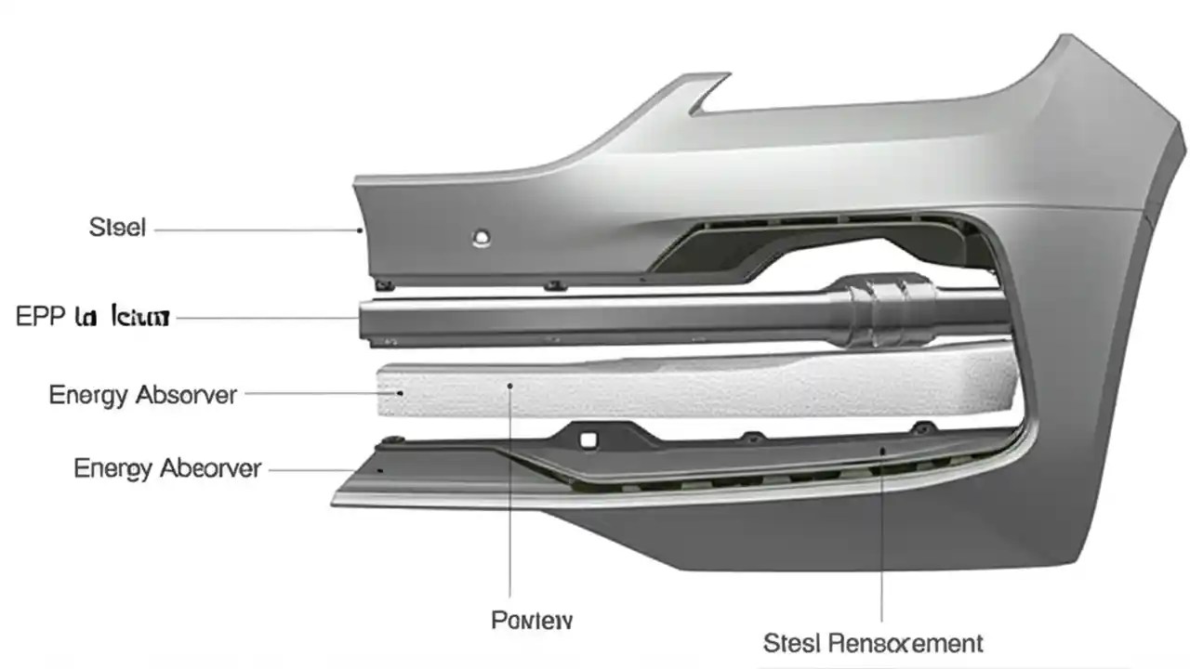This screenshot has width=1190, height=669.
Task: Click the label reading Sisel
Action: click(x=117, y=227)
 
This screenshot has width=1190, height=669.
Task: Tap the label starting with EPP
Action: click(x=93, y=317)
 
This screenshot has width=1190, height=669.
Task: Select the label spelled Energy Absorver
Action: click(x=142, y=395)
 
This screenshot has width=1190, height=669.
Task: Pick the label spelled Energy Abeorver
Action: click(x=167, y=468)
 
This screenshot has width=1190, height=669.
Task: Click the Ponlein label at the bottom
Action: click(x=532, y=620)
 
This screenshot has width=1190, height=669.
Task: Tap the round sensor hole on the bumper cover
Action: click(x=481, y=238)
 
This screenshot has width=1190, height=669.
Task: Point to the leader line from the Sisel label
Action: click(x=256, y=228)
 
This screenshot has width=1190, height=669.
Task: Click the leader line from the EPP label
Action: click(x=265, y=318)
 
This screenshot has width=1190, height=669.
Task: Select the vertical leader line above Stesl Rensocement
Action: click(x=882, y=539)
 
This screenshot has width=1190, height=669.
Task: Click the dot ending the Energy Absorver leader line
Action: click(x=401, y=394)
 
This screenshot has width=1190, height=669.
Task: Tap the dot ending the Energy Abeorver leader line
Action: click(x=380, y=470)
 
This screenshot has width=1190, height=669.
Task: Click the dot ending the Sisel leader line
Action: click(x=360, y=229)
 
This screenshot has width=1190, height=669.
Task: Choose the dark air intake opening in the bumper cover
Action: click(x=818, y=246)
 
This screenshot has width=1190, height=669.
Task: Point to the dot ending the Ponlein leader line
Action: click(x=509, y=384)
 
